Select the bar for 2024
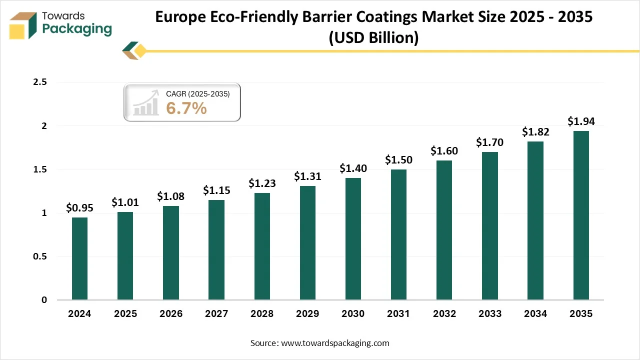pyautogui.click(x=79, y=258)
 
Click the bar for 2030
pyautogui.click(x=353, y=239)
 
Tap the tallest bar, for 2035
pyautogui.click(x=581, y=215)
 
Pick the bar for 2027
pyautogui.click(x=216, y=250)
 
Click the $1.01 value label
pyautogui.click(x=125, y=202)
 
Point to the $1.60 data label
pyautogui.click(x=444, y=151)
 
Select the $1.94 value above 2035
pyautogui.click(x=581, y=121)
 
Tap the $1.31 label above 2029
pyautogui.click(x=307, y=176)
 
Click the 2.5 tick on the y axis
pyautogui.click(x=39, y=82)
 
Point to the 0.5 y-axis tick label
pyautogui.click(x=39, y=256)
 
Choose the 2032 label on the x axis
pyautogui.click(x=444, y=314)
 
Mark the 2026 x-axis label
pyautogui.click(x=170, y=314)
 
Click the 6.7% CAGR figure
pyautogui.click(x=186, y=107)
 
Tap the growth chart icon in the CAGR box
pyautogui.click(x=146, y=104)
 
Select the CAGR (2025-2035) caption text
pyautogui.click(x=197, y=93)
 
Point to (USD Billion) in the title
pyautogui.click(x=373, y=38)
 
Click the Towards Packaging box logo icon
pyautogui.click(x=23, y=25)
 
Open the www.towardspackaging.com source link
pyautogui.click(x=335, y=343)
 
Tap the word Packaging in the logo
pyautogui.click(x=77, y=29)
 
